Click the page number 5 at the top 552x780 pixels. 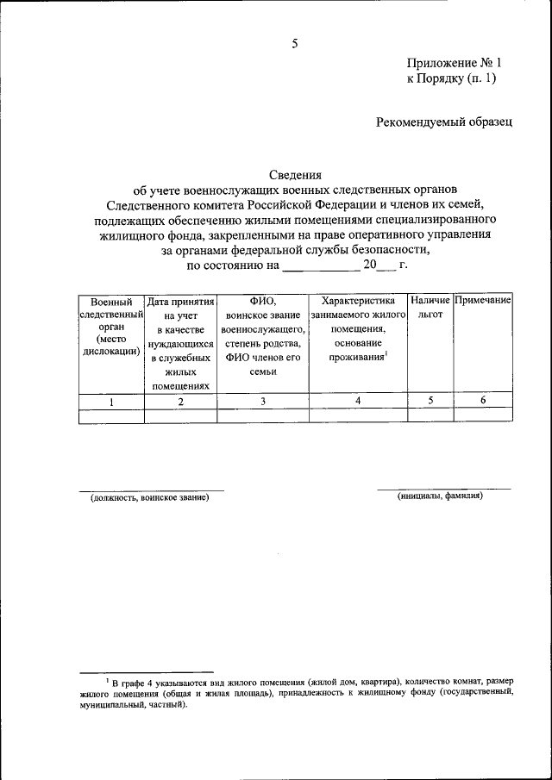click(295, 43)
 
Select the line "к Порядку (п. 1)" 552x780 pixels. click(451, 78)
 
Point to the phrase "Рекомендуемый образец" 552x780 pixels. click(444, 122)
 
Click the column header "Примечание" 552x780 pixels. click(483, 301)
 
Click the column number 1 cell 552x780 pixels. click(110, 401)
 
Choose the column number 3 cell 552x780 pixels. click(262, 401)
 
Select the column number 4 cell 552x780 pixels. click(357, 401)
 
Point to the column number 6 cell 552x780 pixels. click(483, 401)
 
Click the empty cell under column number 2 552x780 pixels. click(180, 415)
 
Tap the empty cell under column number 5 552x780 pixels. click(430, 415)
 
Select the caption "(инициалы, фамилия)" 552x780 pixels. click(440, 496)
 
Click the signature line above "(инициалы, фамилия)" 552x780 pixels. click(443, 489)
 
